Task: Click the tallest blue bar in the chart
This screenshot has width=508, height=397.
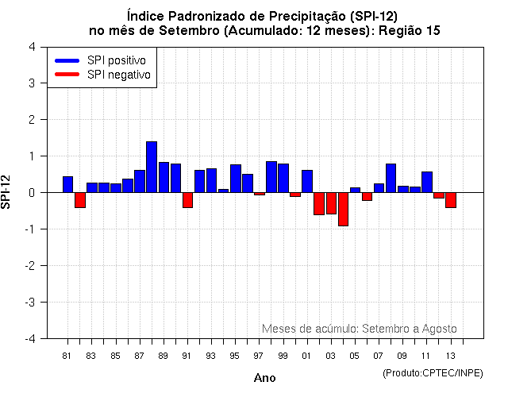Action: (x=152, y=167)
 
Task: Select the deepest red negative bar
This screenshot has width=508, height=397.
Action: (x=343, y=209)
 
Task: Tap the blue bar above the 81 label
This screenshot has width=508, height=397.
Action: (x=67, y=184)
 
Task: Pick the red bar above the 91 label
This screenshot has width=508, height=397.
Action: (x=187, y=199)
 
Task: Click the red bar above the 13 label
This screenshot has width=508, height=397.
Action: (x=451, y=199)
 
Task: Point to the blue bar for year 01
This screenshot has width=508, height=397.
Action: (x=307, y=181)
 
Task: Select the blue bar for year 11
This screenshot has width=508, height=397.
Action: (x=427, y=182)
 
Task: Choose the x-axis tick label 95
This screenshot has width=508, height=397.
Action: (x=235, y=356)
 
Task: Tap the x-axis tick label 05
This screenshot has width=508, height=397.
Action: (x=355, y=356)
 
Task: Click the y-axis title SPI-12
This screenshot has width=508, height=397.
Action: (x=7, y=192)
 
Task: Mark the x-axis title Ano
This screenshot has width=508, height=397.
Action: (x=264, y=378)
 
